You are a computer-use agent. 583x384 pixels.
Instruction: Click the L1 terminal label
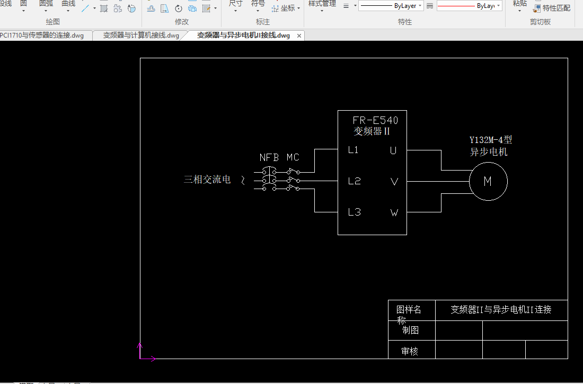pos(353,150)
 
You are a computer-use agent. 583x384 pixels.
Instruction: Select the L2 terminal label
pos(354,181)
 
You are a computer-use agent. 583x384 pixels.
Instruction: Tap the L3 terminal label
pos(354,212)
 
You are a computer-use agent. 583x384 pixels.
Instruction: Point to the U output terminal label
pos(393,150)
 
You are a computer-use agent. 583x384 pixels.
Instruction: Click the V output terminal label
pos(394,182)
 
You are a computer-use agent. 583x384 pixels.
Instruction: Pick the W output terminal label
pos(394,213)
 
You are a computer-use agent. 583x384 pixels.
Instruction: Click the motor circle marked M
pos(488,181)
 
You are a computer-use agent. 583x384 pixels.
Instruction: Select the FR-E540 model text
pos(375,120)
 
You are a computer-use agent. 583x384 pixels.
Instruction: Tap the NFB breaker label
pos(269,157)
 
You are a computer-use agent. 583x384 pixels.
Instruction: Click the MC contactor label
pos(293,157)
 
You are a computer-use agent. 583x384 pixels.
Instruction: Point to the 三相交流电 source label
pos(207,180)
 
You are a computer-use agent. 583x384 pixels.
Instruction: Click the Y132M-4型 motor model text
pos(491,140)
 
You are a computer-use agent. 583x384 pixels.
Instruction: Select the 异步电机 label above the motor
pos(489,152)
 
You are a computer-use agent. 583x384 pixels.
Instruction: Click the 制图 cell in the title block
pos(410,330)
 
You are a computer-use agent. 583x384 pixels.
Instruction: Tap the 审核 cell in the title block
pos(410,351)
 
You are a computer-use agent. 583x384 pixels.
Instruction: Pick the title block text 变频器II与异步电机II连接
pos(501,310)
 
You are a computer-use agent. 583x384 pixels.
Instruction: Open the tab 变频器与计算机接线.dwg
pos(141,35)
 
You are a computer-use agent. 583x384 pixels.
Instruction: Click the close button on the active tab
pos(299,36)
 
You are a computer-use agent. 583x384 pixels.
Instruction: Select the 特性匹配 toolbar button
pos(552,8)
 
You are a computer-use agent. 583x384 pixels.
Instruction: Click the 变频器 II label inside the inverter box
pos(372,131)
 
